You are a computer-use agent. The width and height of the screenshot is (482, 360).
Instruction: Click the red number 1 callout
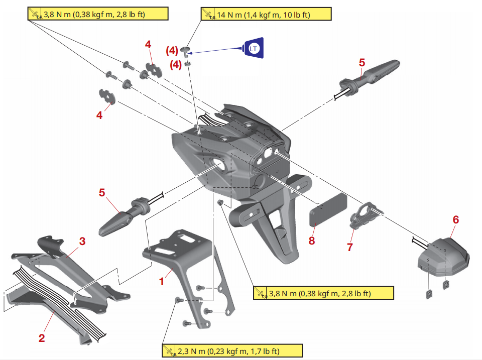tap(162, 282)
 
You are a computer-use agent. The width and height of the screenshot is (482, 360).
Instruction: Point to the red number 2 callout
tap(42, 338)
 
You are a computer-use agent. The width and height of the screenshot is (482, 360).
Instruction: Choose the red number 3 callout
tap(82, 242)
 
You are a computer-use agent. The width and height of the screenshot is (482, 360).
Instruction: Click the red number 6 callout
tap(455, 220)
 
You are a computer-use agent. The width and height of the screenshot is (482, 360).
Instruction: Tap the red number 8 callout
tap(312, 241)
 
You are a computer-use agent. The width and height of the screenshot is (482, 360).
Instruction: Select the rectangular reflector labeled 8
tap(327, 210)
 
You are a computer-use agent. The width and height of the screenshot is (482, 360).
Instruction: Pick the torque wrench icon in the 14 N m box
tap(207, 15)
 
